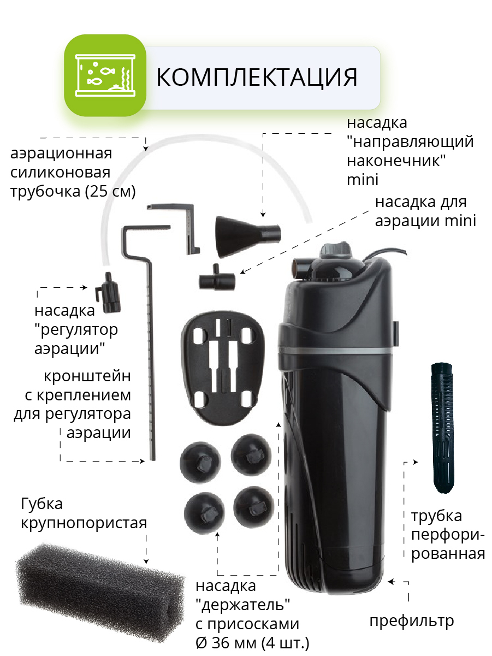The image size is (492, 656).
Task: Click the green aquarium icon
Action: (x=105, y=75)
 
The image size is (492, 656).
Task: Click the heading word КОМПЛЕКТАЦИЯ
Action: (x=257, y=78)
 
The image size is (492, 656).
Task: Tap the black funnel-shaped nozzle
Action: (x=248, y=237)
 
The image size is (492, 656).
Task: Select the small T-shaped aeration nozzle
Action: (x=217, y=278)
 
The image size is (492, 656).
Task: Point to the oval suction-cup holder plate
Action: (x=222, y=368)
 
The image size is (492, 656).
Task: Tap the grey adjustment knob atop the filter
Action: (x=336, y=250)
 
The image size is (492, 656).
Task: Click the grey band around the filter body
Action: (x=335, y=351)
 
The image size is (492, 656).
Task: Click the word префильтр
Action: (x=412, y=620)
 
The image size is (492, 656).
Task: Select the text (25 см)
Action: (x=110, y=191)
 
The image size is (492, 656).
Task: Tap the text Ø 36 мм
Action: (x=228, y=642)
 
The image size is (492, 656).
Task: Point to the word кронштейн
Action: (x=87, y=376)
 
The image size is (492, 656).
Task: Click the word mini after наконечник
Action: (x=363, y=180)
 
